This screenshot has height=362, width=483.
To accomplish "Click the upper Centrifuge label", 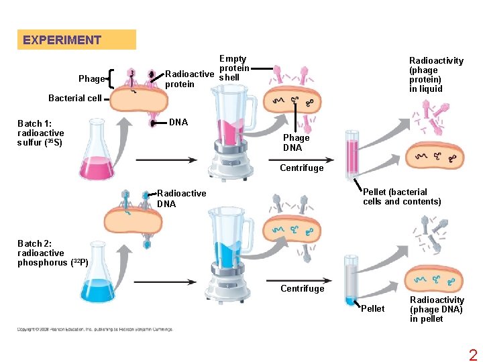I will coord(301,168).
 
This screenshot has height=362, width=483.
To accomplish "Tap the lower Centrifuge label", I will coord(301,289).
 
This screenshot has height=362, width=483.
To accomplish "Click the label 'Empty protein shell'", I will coord(233,68).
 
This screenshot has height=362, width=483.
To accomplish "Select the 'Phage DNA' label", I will coord(296,143).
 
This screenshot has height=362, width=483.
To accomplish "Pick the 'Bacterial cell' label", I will coord(75,98).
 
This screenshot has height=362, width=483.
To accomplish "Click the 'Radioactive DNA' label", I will coord(181,198).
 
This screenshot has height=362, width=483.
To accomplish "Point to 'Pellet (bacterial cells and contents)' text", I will coord(401,196).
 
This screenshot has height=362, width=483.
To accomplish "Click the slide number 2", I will coord(473,355).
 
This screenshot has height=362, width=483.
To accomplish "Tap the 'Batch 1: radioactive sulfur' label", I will coord(40,133).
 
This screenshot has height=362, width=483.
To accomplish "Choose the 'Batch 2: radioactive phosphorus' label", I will coord(52,253).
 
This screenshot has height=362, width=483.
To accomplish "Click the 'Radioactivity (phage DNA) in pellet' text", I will coord(436,309).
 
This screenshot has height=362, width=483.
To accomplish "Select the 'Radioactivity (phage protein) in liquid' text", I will coord(435,74).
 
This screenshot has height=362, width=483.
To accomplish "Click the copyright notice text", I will coord(95,329).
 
